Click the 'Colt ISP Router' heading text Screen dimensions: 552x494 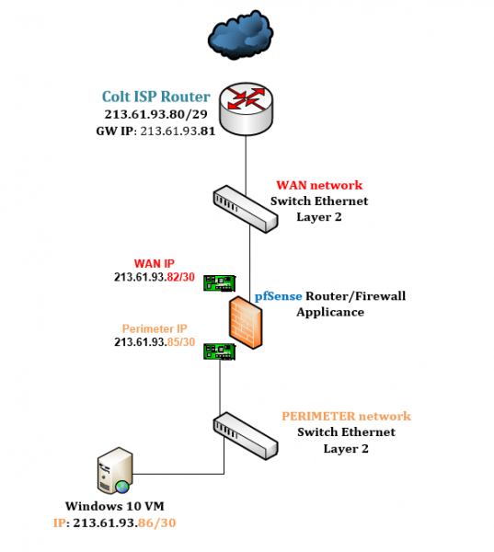[x=155, y=97]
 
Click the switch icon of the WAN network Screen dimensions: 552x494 [x=245, y=209]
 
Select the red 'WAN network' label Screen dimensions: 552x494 [x=319, y=185]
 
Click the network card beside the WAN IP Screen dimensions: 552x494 [x=219, y=282]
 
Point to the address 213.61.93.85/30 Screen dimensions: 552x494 [x=154, y=343]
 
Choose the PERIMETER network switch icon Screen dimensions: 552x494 [x=245, y=434]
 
